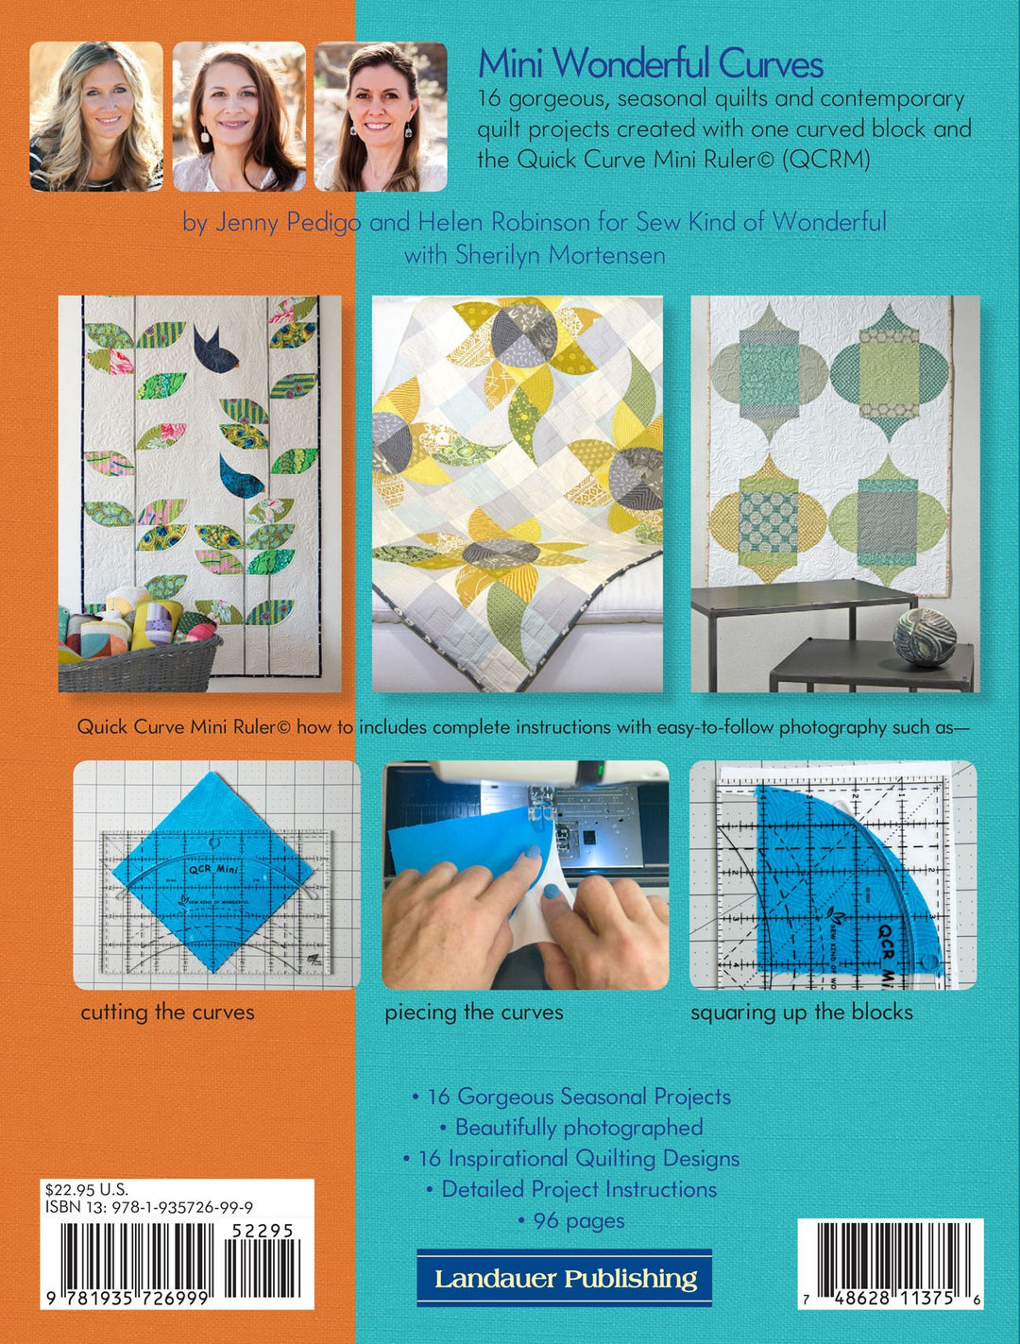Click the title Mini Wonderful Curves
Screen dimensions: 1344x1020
650,64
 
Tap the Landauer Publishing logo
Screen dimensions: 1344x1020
565,1279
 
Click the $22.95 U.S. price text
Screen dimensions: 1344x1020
86,1190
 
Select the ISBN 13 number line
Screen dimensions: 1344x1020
148,1207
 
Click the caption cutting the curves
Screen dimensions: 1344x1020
167,1012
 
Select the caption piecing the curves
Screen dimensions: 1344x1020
473,1012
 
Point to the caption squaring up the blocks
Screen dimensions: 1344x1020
801,1012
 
